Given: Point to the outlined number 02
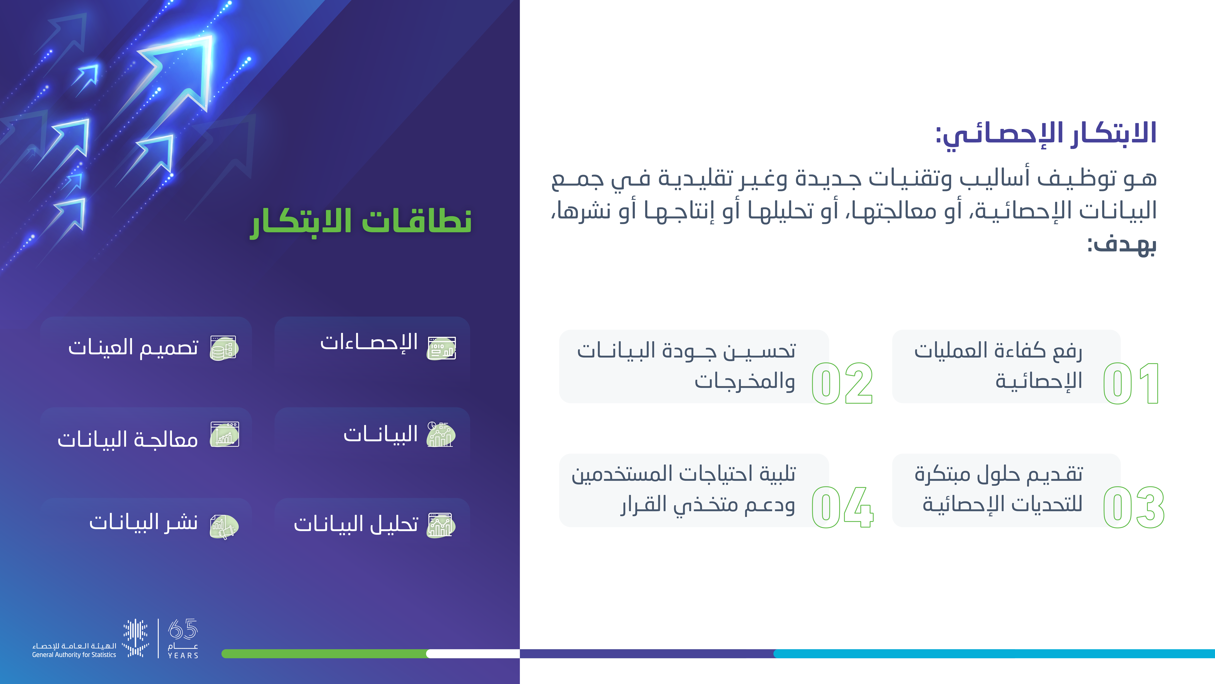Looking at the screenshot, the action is click(842, 383).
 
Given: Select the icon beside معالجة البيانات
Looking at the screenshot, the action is click(224, 434).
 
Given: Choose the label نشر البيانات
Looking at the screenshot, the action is click(143, 522).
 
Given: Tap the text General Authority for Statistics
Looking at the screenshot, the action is click(74, 655).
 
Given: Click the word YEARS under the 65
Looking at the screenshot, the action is click(183, 655).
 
